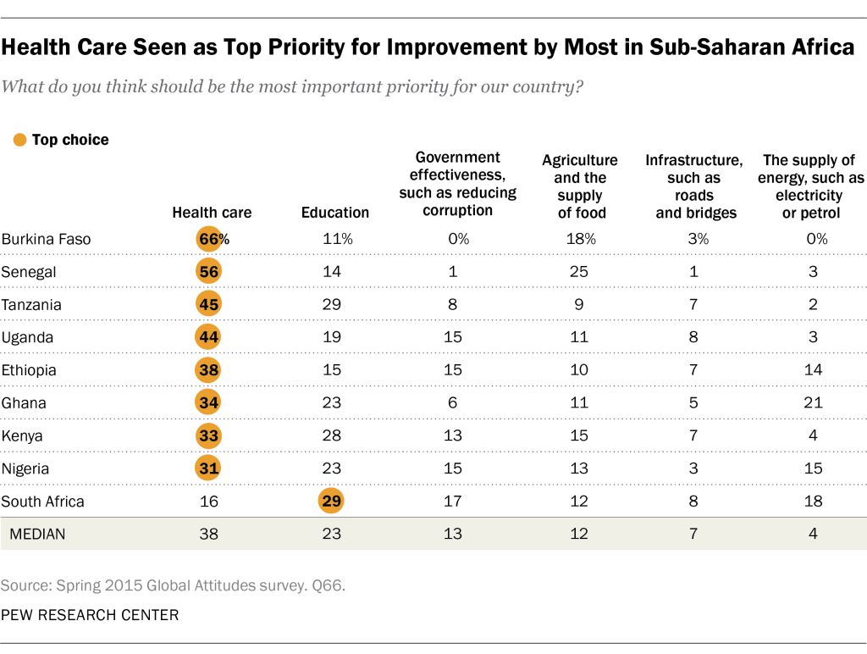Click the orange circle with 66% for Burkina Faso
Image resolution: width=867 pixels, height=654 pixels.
pos(208,239)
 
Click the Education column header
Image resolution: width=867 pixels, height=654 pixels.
pos(334,213)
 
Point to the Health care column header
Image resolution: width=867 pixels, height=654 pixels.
pos(212,213)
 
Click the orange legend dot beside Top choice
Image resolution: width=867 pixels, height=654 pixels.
pos(20,140)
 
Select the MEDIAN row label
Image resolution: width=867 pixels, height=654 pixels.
pos(39,535)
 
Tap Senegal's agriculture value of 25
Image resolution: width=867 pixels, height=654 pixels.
pos(579,272)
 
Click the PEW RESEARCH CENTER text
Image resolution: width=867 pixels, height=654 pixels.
pos(90,615)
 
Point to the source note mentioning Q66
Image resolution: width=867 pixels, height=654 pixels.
pos(175,585)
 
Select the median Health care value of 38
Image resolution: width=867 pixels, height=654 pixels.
pos(208,535)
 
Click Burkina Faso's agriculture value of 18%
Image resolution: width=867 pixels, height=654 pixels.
pos(581,239)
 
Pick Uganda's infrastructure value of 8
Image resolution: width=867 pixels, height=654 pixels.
pos(693,337)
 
